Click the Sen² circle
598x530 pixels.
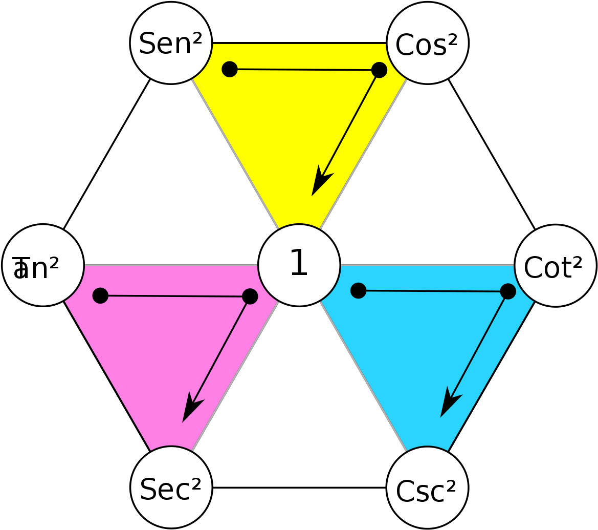click(x=171, y=43)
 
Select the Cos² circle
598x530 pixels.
click(x=427, y=43)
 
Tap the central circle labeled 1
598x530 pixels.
click(x=299, y=265)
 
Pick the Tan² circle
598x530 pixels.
click(x=43, y=265)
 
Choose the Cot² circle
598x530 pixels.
click(x=555, y=266)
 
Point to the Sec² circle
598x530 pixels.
click(x=171, y=487)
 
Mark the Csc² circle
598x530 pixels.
click(x=427, y=487)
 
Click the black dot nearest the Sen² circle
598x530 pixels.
click(x=230, y=69)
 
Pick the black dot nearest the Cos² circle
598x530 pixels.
click(x=379, y=70)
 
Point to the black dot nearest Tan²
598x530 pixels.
click(x=100, y=295)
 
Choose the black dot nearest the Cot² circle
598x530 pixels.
click(x=507, y=291)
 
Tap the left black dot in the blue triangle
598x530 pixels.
click(x=358, y=290)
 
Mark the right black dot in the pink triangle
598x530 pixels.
click(x=250, y=296)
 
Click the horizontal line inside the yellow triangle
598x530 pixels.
click(x=304, y=70)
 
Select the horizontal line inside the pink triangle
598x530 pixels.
click(x=175, y=296)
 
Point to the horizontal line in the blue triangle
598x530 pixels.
click(x=433, y=291)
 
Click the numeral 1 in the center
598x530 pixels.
click(x=299, y=263)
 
